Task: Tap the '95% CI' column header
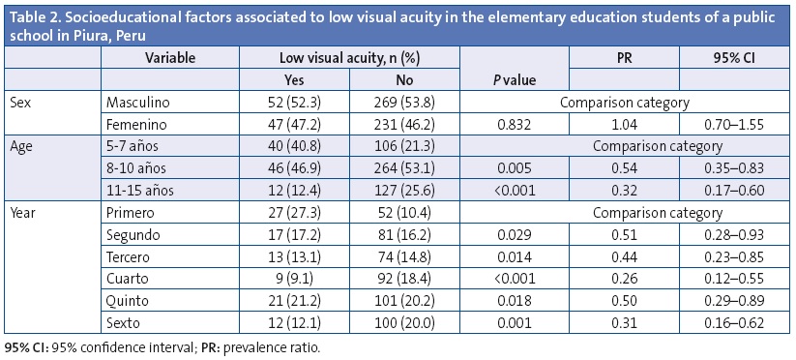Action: [724, 58]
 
